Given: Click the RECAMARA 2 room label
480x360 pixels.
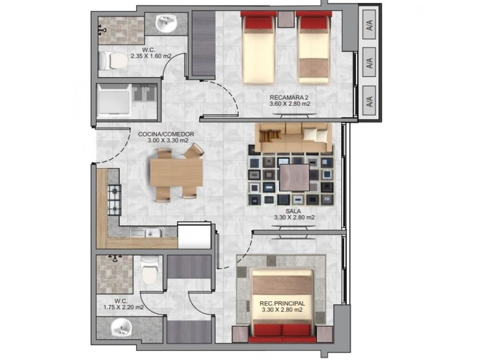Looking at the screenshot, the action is (x=289, y=98).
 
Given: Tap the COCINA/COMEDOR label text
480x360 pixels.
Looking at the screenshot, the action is (x=166, y=134).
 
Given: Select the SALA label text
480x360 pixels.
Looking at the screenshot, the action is (x=293, y=211).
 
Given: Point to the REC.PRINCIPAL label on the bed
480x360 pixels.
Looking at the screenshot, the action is (x=282, y=303).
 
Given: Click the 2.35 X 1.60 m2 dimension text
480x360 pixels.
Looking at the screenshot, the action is (x=151, y=56).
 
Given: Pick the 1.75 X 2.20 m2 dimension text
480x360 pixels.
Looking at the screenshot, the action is (x=123, y=307).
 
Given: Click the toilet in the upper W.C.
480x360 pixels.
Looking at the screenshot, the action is (x=113, y=61).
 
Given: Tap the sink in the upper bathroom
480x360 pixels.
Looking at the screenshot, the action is (x=166, y=23).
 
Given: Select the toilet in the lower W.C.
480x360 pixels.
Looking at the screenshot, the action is (x=149, y=270).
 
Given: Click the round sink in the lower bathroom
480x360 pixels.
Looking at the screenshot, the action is (x=121, y=327).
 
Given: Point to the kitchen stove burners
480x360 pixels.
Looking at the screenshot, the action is (x=114, y=200).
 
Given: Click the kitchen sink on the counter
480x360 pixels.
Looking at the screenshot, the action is (x=146, y=233).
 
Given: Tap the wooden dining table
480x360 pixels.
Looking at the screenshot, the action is (x=176, y=173).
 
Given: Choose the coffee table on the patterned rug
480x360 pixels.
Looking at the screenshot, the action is (x=294, y=177).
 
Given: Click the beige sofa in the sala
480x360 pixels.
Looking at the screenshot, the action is (x=294, y=138).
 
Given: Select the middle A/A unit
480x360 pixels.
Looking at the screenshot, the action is (x=369, y=62).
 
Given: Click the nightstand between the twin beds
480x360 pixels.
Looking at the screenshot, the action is (x=286, y=20).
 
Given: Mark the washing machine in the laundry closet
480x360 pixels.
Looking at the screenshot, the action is (x=114, y=101).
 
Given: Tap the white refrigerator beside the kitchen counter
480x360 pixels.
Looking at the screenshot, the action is (x=194, y=235).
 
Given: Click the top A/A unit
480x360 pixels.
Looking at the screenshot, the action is (x=369, y=25).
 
